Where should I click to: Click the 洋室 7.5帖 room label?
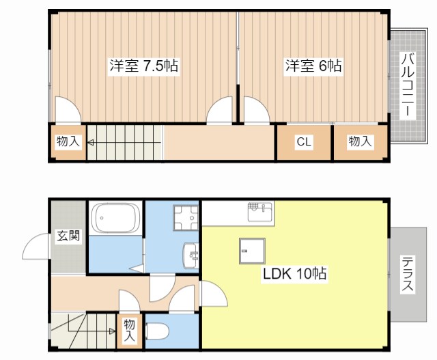point(144,66)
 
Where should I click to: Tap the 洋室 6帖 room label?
point(313,66)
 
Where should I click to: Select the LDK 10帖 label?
point(295,275)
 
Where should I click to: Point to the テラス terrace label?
point(407,273)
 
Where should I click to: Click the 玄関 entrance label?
point(68,236)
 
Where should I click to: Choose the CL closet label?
point(304,142)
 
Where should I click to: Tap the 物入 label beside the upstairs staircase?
point(68,142)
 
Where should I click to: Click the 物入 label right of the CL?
point(360,141)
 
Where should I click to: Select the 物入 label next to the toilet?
point(130,331)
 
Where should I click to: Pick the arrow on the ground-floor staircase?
point(109,331)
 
